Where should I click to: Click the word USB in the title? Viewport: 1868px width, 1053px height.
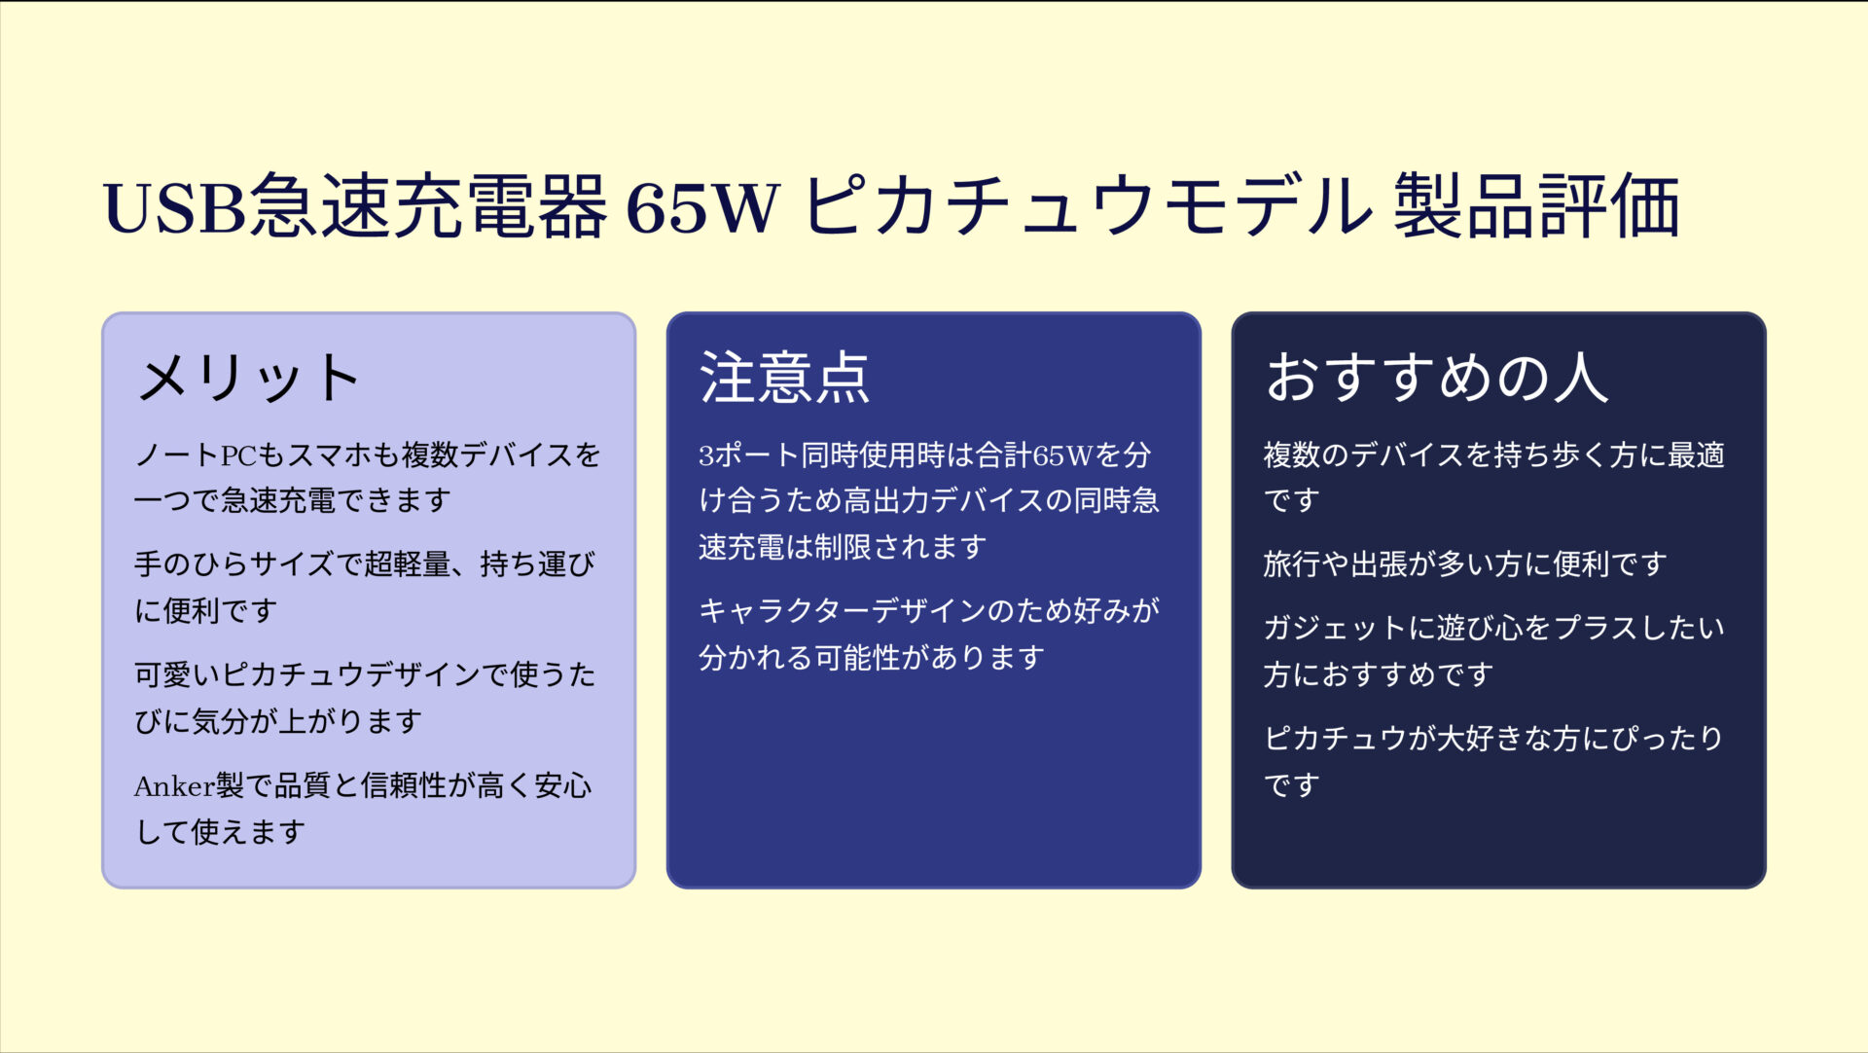(175, 207)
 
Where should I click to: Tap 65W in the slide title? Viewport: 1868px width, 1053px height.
(702, 207)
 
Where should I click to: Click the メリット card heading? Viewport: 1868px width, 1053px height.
(249, 378)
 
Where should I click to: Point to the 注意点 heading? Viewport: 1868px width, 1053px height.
(784, 378)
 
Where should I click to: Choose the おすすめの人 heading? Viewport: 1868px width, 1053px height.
(1436, 378)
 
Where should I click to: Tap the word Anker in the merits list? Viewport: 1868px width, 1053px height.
(174, 785)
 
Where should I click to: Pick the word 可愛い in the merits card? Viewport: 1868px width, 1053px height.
(177, 674)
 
